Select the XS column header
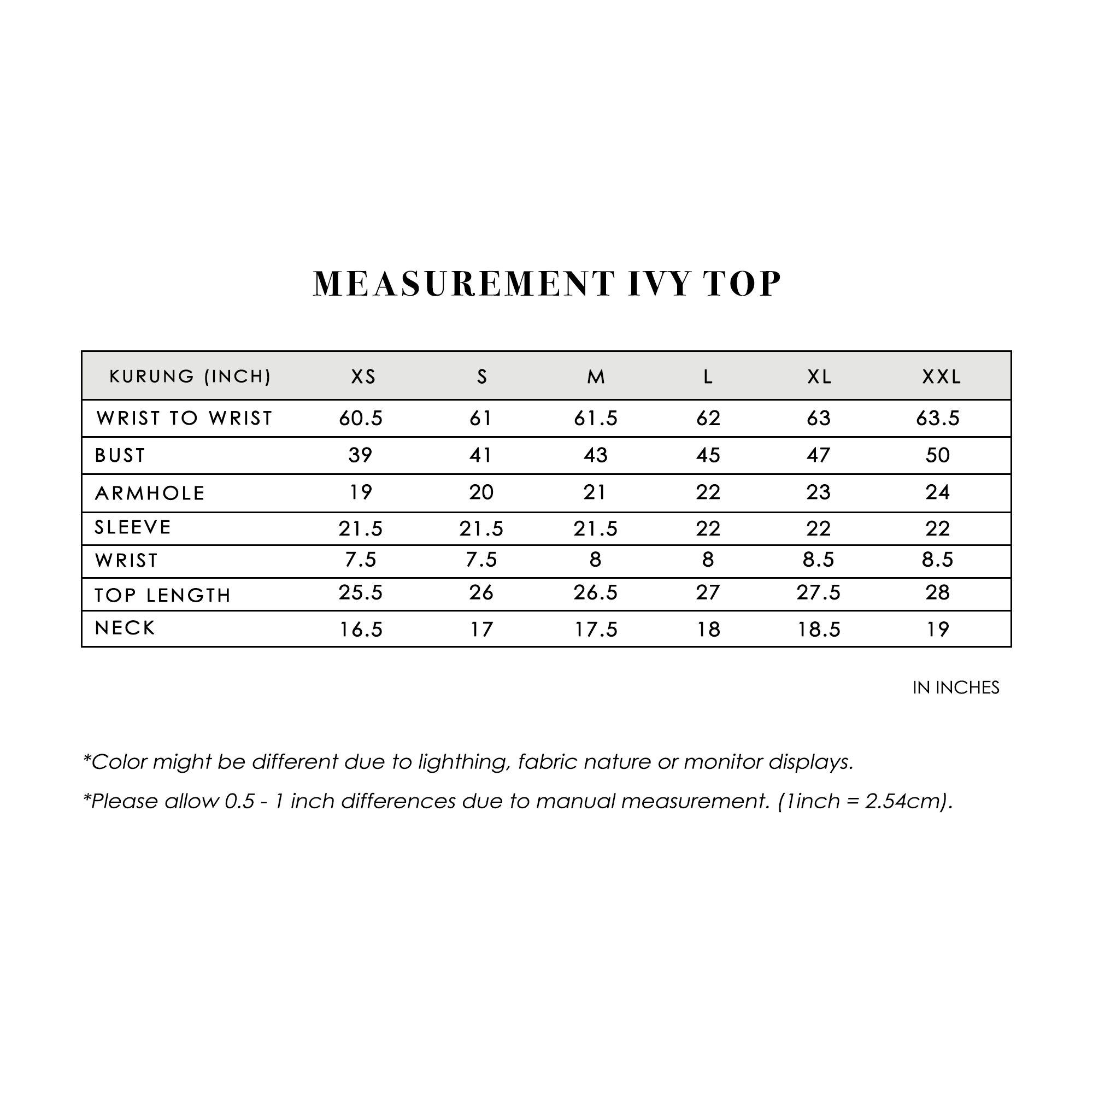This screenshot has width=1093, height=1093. point(363,377)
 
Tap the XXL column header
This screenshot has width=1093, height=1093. point(942,377)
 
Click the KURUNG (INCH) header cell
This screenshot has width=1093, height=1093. point(190,376)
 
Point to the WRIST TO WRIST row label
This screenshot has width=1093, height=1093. point(184,418)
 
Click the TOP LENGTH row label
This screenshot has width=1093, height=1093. point(163,595)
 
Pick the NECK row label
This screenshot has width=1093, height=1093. point(125,628)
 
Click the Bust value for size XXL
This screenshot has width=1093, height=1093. point(937,455)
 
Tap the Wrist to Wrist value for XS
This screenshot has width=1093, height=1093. point(361,418)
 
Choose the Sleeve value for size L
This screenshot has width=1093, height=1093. point(708,529)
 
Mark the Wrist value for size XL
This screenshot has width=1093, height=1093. point(818,560)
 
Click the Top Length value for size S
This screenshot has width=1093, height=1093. point(481,593)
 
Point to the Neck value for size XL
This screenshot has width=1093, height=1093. point(819,630)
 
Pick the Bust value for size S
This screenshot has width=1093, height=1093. point(481,455)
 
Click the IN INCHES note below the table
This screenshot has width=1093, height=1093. point(955,687)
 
